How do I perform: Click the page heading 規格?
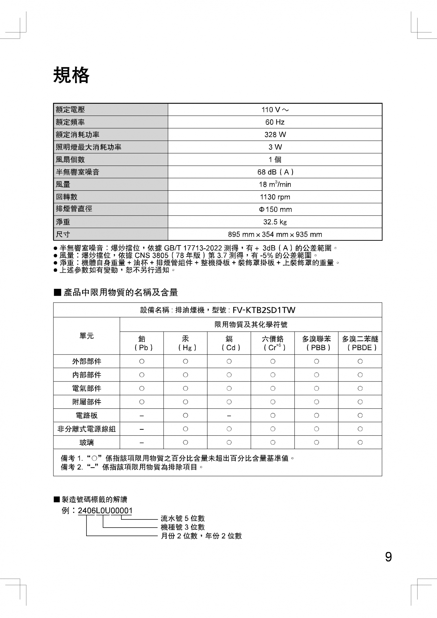(x=71, y=75)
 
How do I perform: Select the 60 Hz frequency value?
(x=275, y=122)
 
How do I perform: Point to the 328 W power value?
(x=275, y=135)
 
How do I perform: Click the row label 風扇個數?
(x=70, y=160)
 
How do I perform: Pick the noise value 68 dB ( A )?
(x=275, y=172)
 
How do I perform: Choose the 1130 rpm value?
(x=275, y=197)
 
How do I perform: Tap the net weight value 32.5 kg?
(x=275, y=222)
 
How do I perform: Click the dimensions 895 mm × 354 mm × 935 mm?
(x=275, y=234)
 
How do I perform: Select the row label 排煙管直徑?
(x=74, y=209)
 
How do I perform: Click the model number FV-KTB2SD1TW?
(x=264, y=310)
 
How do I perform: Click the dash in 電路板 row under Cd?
(x=229, y=416)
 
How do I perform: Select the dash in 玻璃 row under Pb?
(x=142, y=443)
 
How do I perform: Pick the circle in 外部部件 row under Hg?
(x=185, y=361)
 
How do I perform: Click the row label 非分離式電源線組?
(x=86, y=429)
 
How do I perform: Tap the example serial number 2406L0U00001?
(x=105, y=511)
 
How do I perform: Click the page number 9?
(x=388, y=557)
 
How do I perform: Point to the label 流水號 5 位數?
(x=183, y=519)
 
